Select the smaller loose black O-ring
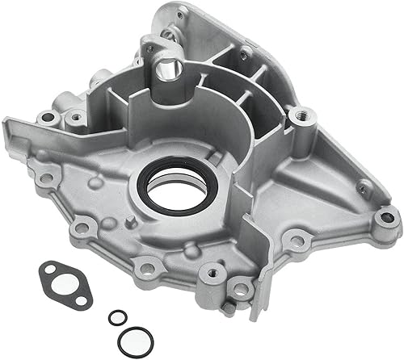tap(116, 318)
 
